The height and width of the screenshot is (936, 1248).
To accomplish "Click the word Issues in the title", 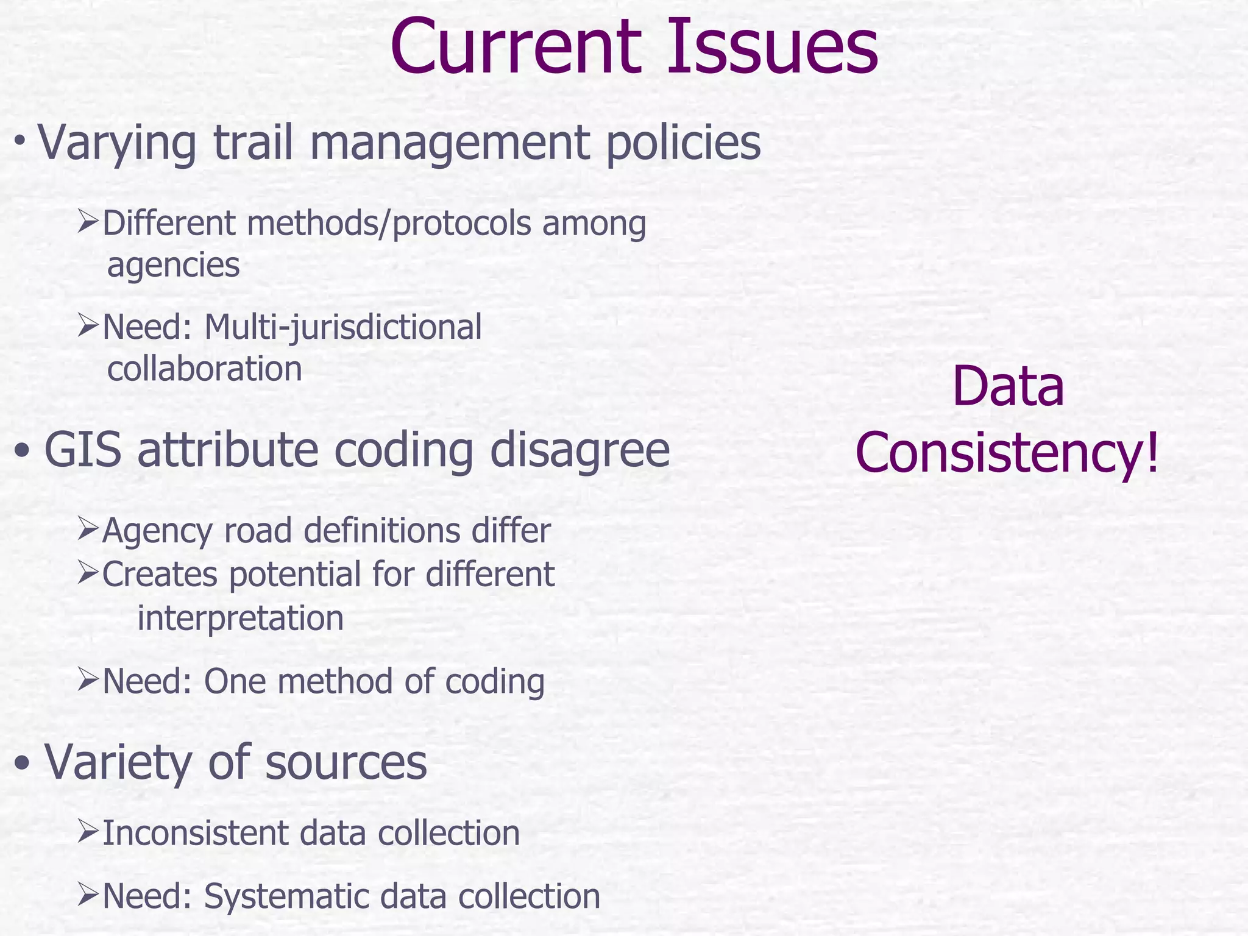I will click(772, 48).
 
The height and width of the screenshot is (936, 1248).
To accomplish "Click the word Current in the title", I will click(517, 48).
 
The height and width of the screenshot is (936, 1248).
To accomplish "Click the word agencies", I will click(174, 266).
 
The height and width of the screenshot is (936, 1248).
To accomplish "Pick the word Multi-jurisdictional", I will click(342, 327).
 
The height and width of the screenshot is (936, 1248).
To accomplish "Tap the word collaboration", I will click(205, 369).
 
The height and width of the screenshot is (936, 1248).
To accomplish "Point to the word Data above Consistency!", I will click(1008, 388).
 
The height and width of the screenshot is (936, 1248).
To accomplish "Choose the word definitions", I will click(382, 531).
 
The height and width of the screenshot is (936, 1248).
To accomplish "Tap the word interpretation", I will click(241, 619).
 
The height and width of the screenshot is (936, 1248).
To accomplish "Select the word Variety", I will click(118, 763).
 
